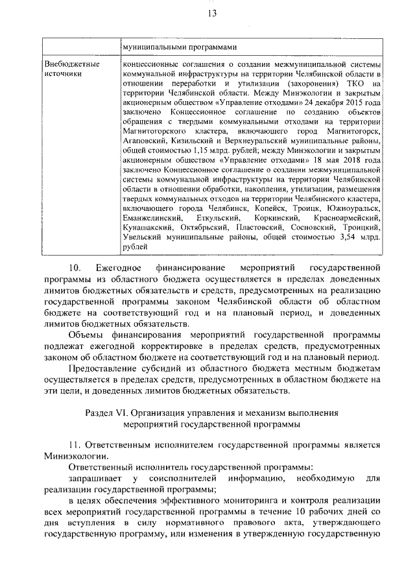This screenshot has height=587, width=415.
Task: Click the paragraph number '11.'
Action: [77, 444]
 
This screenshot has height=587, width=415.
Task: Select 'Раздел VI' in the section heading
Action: [106, 413]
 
